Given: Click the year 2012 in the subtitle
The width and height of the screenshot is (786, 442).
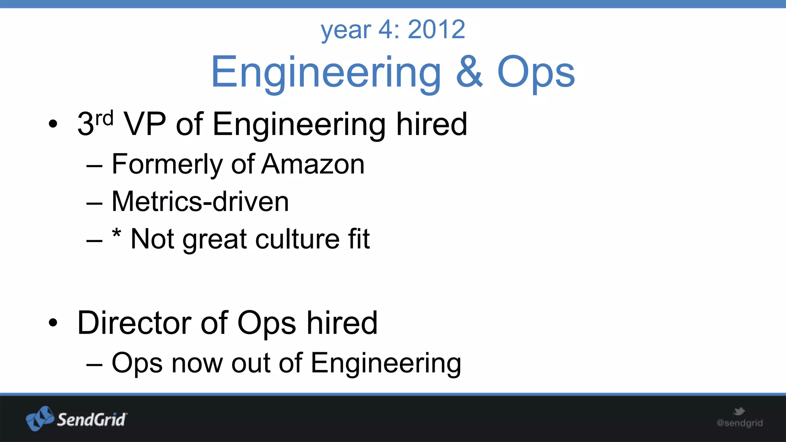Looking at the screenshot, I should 436,29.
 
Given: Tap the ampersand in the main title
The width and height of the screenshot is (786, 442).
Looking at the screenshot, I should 469,72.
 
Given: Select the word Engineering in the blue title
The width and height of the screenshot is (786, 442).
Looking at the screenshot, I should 326,73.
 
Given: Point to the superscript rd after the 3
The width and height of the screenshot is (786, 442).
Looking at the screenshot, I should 104,119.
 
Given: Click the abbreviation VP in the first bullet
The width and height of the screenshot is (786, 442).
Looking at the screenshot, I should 145,124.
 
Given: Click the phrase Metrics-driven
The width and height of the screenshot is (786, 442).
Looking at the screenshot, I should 200,202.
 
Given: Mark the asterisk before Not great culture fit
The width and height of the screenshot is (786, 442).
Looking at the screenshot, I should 117,233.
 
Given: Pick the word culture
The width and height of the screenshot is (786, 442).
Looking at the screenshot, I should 297,239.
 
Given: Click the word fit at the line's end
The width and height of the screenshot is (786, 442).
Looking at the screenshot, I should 359,239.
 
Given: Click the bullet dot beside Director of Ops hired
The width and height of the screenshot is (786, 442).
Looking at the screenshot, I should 53,323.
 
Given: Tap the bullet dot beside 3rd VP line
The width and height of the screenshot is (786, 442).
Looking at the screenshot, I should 53,124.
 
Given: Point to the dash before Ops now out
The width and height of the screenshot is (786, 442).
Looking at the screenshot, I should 94,364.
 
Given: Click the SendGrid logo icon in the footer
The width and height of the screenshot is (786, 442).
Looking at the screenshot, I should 40,419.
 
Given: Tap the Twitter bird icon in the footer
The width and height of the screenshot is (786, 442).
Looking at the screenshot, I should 739,412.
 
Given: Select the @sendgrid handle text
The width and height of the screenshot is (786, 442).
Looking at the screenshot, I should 740,423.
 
